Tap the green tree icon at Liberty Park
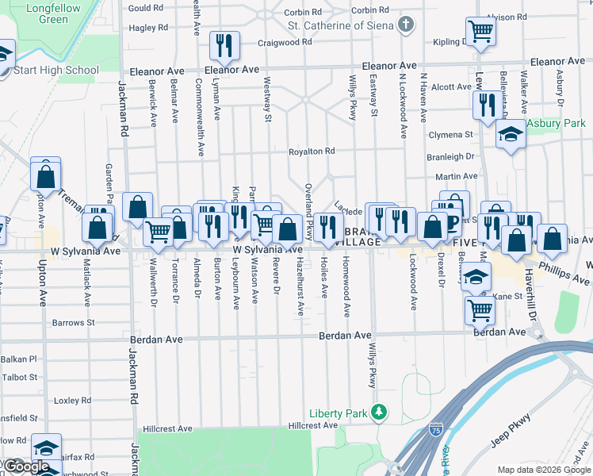point(380,413)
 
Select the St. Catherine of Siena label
point(341,24)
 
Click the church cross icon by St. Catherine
point(407,24)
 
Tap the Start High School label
point(56,70)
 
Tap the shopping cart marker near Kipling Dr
point(480,32)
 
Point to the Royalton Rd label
point(311,151)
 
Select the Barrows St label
point(73,323)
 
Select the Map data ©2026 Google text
point(543,470)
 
